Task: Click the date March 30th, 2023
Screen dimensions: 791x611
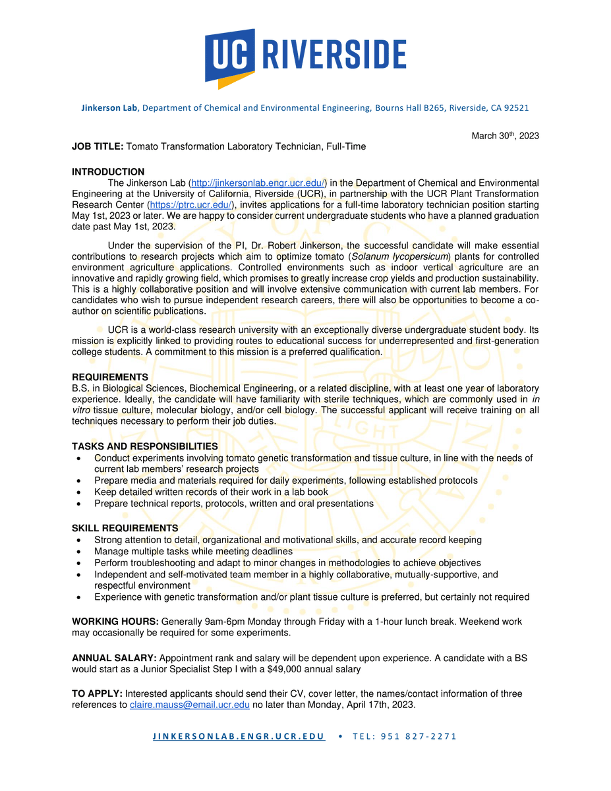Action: click(x=505, y=136)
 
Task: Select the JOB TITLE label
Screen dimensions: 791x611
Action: click(x=98, y=146)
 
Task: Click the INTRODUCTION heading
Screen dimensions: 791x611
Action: click(x=108, y=172)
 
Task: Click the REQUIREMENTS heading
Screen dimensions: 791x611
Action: click(x=110, y=378)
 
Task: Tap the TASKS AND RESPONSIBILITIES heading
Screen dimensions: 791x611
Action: click(x=145, y=447)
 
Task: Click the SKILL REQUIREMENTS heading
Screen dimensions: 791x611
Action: click(x=125, y=529)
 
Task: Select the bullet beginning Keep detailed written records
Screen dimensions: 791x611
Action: click(x=211, y=492)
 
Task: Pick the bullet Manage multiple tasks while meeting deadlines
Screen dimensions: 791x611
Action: click(x=193, y=551)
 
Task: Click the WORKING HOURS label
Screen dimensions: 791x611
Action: click(x=115, y=622)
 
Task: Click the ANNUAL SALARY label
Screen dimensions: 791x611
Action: click(x=114, y=658)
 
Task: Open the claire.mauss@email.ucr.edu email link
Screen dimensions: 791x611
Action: click(x=189, y=705)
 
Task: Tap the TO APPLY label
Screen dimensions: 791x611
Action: click(x=97, y=693)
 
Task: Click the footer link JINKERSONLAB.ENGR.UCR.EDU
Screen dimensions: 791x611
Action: click(x=239, y=736)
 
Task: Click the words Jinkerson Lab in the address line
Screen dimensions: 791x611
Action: click(x=109, y=107)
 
